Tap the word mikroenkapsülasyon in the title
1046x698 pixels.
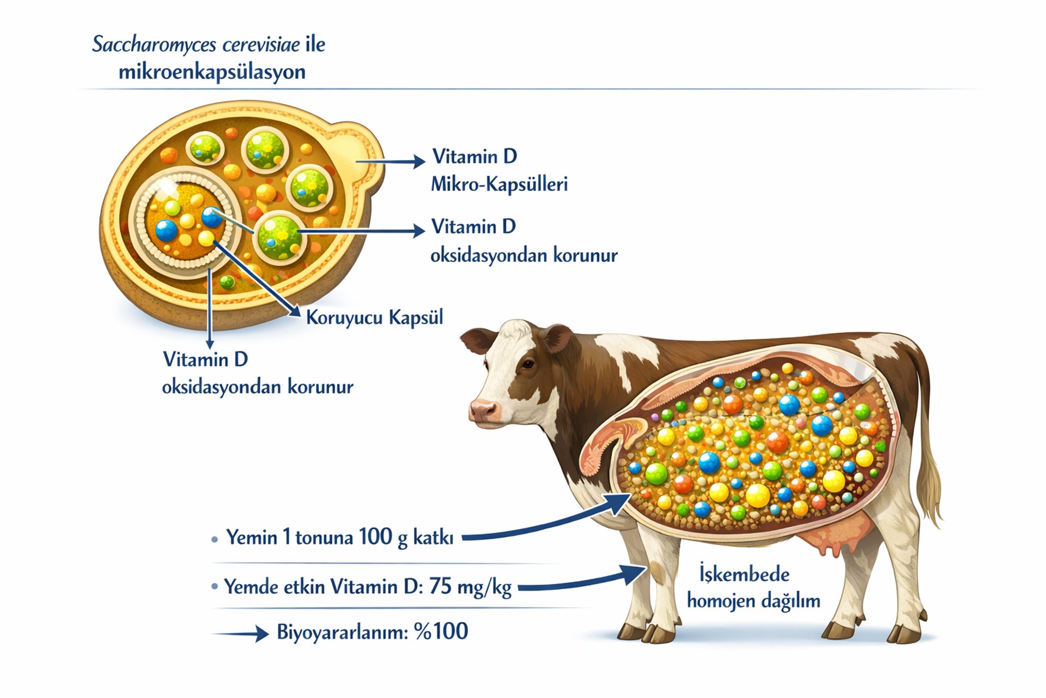212,72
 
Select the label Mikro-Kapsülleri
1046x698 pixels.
499,184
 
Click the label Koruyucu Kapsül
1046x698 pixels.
374,317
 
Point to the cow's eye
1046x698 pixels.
527,364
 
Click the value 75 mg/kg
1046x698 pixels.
470,587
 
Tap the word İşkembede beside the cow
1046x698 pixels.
744,574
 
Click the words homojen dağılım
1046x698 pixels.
753,601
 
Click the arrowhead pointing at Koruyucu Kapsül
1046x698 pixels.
295,312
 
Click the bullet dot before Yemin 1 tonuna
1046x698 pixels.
215,540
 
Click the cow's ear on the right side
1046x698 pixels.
557,337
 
